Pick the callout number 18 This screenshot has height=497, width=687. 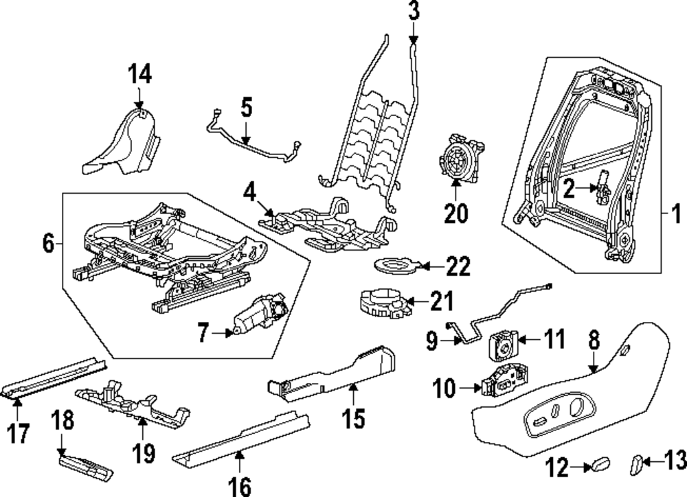pos(63,421)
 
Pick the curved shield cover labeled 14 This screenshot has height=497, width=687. pos(124,141)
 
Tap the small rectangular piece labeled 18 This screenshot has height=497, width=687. pos(85,467)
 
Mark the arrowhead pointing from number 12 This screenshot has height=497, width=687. pos(587,467)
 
